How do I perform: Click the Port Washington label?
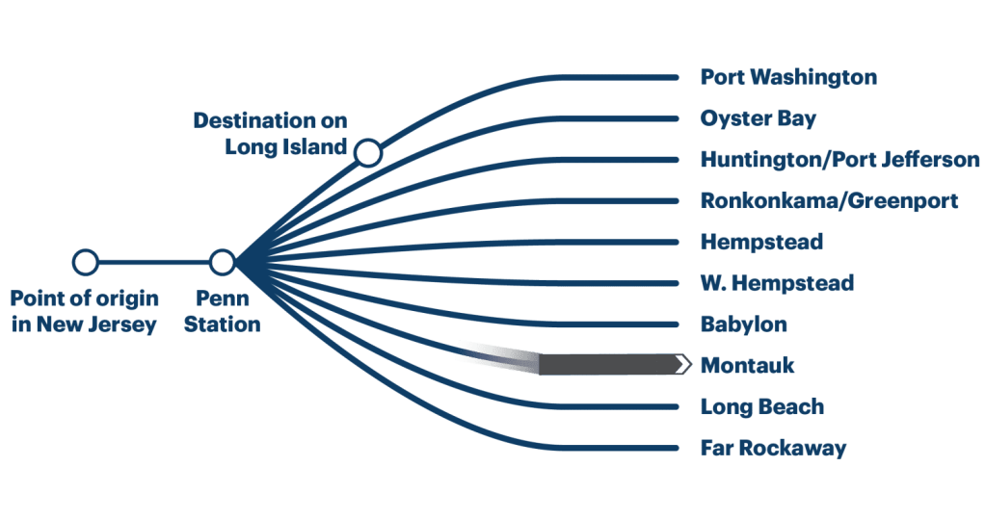pos(787,77)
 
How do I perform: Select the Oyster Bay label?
pos(758,118)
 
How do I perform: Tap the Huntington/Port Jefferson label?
pos(839,160)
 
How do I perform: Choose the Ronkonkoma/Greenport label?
pos(829,201)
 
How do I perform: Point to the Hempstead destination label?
pos(760,242)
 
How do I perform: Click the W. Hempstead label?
pos(776,283)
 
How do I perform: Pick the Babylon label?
pos(743,324)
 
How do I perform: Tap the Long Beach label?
pos(761,406)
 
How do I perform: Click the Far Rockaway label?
pos(773,448)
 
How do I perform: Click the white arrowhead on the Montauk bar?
pos(683,364)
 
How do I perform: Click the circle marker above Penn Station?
pos(223,262)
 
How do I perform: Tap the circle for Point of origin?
pos(86,262)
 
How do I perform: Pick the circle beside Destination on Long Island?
pos(367,153)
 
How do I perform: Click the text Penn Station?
pos(223,311)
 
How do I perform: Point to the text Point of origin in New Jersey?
pos(84,311)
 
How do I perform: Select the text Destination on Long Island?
pos(270,134)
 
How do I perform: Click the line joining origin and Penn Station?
pos(154,262)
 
